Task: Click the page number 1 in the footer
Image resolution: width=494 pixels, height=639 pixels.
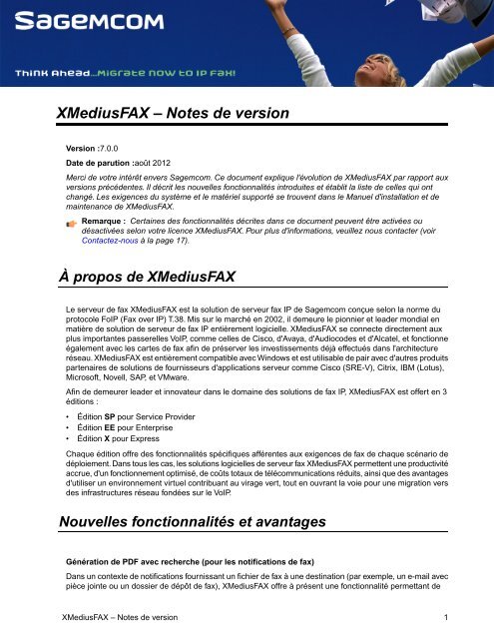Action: pos(445,617)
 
